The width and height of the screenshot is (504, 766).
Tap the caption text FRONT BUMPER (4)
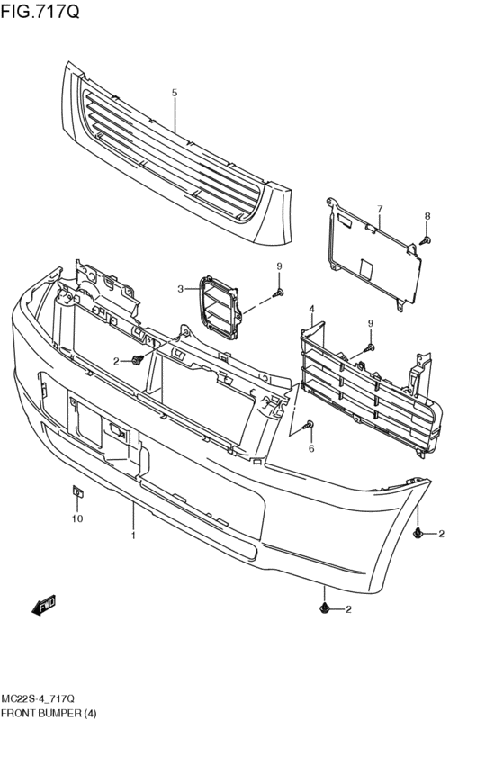[49, 713]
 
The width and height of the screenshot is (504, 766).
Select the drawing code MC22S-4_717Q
[44, 698]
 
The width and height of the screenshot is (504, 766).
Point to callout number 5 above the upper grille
[175, 93]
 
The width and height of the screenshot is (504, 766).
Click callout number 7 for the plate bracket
[380, 209]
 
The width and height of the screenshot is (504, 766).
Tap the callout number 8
[427, 216]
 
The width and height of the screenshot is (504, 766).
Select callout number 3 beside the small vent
[180, 289]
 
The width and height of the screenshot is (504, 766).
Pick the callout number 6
[311, 447]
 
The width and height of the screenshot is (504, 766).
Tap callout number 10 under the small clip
[77, 519]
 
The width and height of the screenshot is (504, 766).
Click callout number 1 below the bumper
[133, 536]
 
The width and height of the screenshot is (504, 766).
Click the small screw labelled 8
[426, 239]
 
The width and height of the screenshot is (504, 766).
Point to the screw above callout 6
[310, 424]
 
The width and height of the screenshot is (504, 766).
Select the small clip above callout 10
[77, 491]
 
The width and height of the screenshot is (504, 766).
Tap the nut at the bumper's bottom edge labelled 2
[324, 609]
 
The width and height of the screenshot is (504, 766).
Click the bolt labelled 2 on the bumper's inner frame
[138, 360]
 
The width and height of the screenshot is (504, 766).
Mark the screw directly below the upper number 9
[279, 293]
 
